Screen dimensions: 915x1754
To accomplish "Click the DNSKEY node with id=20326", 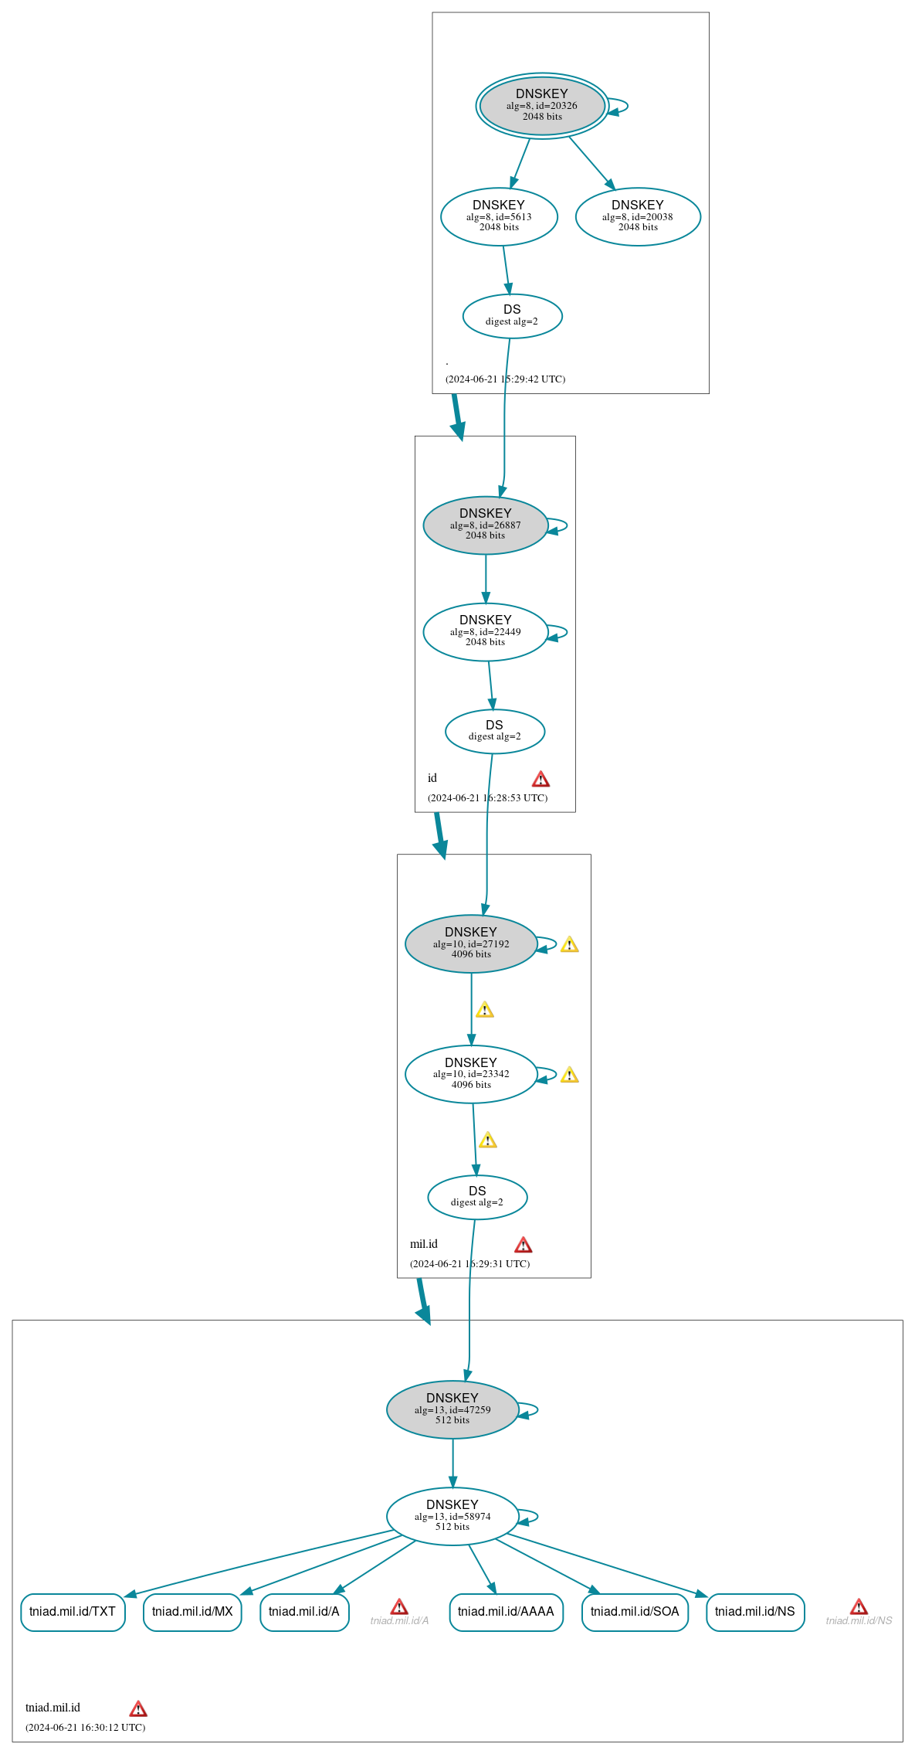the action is tap(542, 106).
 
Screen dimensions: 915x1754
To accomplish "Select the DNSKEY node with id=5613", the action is tap(499, 217).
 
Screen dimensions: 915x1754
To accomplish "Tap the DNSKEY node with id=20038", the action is tap(638, 217).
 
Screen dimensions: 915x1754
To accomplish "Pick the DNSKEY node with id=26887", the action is tap(486, 525).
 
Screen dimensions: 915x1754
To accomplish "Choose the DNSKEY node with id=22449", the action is tap(486, 632).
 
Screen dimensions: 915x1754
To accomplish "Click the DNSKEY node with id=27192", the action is tap(471, 944).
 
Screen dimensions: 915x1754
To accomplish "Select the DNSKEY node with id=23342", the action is tap(471, 1075).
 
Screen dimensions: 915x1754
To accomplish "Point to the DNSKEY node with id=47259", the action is tap(452, 1410).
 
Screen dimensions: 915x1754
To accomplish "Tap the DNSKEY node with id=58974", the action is tap(452, 1517).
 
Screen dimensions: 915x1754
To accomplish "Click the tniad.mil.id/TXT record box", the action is tap(73, 1613).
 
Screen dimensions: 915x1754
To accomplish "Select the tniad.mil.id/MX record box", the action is tap(192, 1613).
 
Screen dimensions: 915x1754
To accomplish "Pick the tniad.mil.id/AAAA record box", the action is tap(506, 1613).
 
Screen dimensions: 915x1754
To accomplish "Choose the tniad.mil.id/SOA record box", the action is tap(635, 1613).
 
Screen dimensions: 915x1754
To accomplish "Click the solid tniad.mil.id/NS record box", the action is tap(755, 1613).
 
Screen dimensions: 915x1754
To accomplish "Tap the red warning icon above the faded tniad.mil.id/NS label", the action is tap(859, 1607).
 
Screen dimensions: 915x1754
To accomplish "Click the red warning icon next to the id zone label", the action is tap(541, 779).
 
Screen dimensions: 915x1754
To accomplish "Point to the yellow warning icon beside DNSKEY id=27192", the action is tap(569, 944).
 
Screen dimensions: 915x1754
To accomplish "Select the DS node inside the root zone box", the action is tap(512, 316).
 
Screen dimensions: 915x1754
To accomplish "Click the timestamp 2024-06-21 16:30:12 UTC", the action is tap(85, 1727).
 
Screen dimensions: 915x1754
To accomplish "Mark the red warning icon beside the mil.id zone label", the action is tap(523, 1245).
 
